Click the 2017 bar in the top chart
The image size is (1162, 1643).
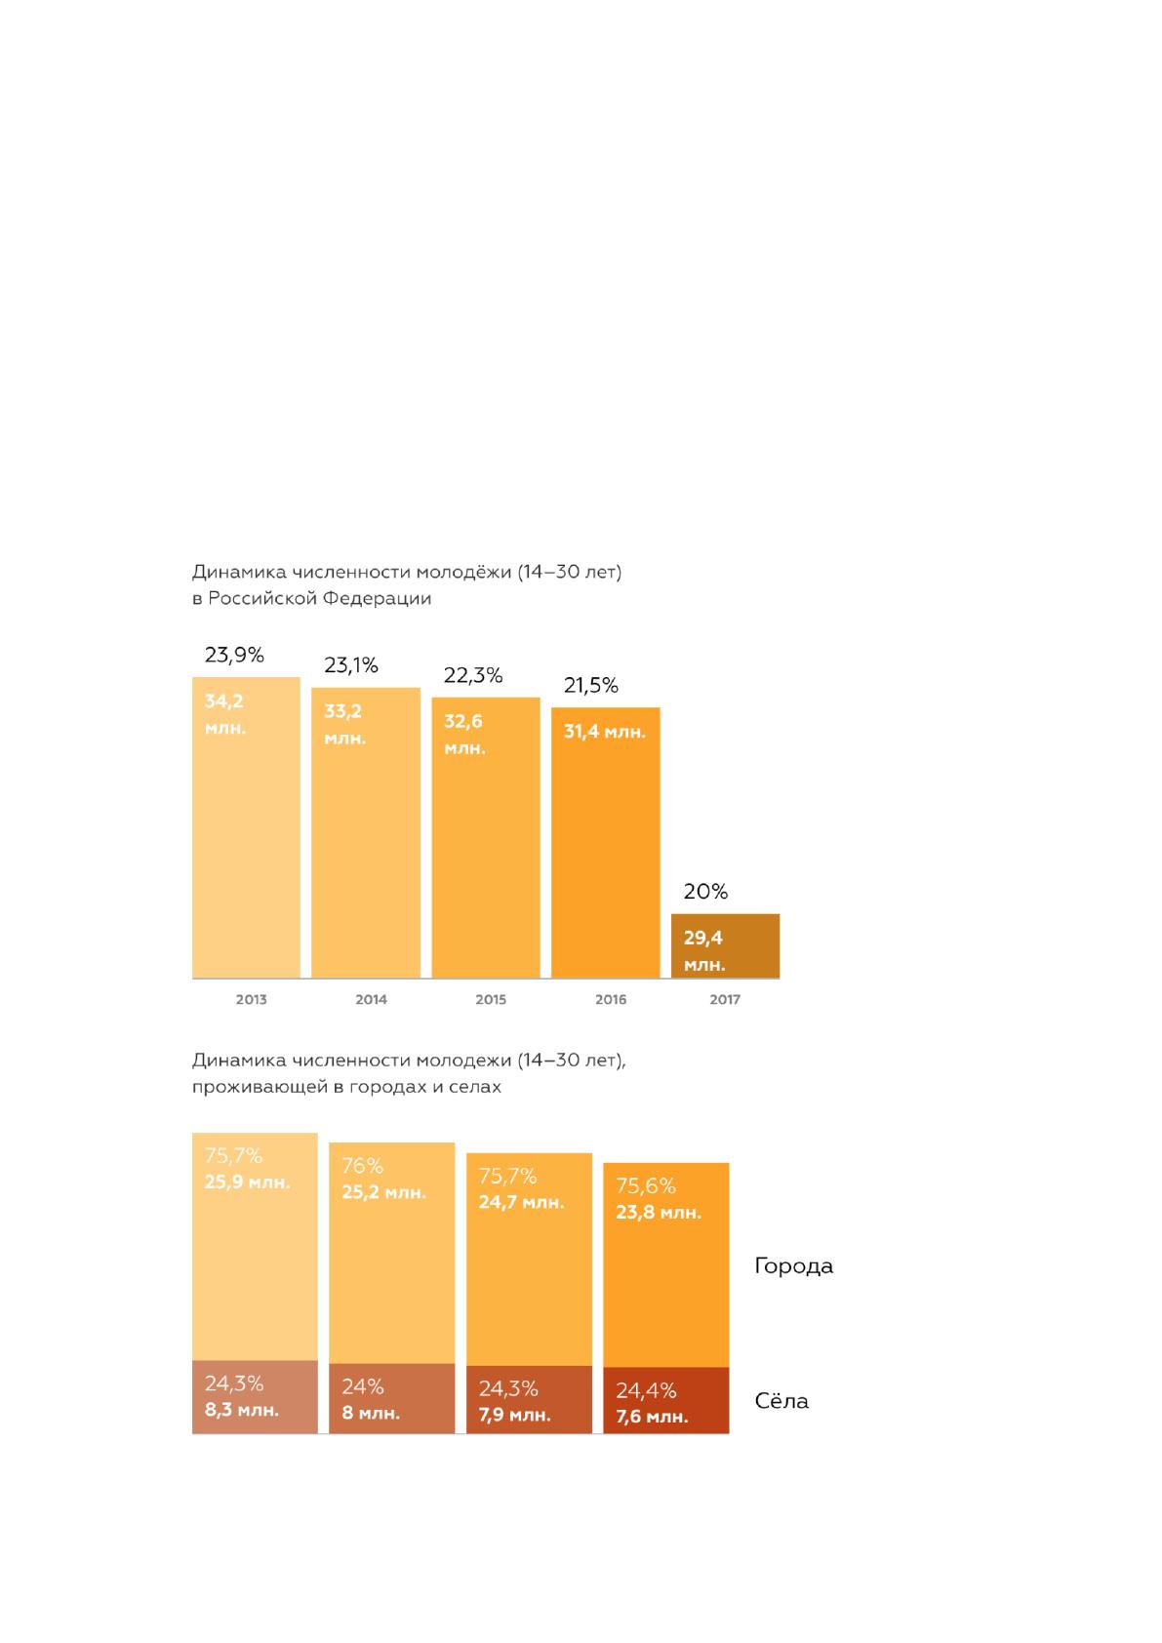tap(725, 945)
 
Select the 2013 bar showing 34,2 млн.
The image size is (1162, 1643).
tap(247, 827)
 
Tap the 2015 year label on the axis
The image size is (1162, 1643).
tap(491, 999)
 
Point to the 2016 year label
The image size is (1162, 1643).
tap(611, 999)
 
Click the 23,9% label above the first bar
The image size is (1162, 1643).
tap(234, 655)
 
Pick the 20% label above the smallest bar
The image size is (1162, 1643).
tap(705, 891)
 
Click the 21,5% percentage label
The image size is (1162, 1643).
tap(590, 685)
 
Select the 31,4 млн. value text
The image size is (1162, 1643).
tap(605, 732)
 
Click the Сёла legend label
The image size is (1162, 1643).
tap(781, 1400)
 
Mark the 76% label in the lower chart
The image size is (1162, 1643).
tap(362, 1166)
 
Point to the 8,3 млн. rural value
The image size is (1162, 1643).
tap(241, 1410)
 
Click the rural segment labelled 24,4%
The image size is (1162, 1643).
tap(666, 1400)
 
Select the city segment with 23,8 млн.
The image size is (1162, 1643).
tap(666, 1264)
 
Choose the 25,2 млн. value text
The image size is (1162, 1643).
tap(383, 1192)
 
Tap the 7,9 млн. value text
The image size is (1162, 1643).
tap(515, 1415)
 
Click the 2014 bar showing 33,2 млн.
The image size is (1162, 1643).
tap(365, 832)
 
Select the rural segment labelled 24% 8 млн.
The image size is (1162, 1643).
tap(392, 1398)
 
